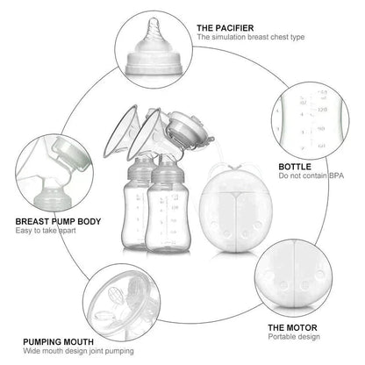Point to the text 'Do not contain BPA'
pos(311,176)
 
